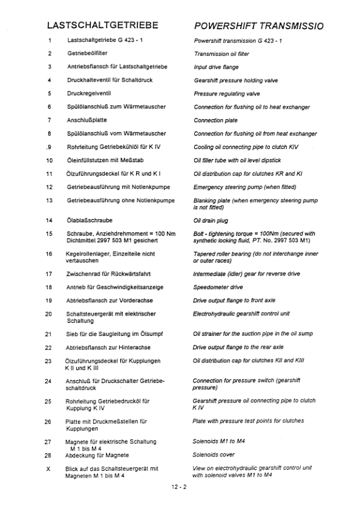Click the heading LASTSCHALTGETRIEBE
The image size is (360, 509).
tap(102, 26)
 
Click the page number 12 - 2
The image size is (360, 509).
tap(180, 486)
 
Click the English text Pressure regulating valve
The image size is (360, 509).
tap(226, 94)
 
